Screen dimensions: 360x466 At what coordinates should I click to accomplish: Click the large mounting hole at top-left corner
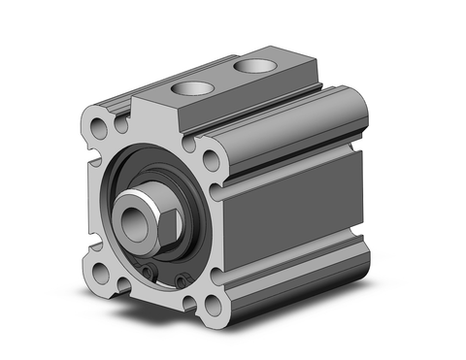(101, 126)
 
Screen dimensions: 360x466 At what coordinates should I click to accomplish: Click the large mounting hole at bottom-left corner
(101, 274)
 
